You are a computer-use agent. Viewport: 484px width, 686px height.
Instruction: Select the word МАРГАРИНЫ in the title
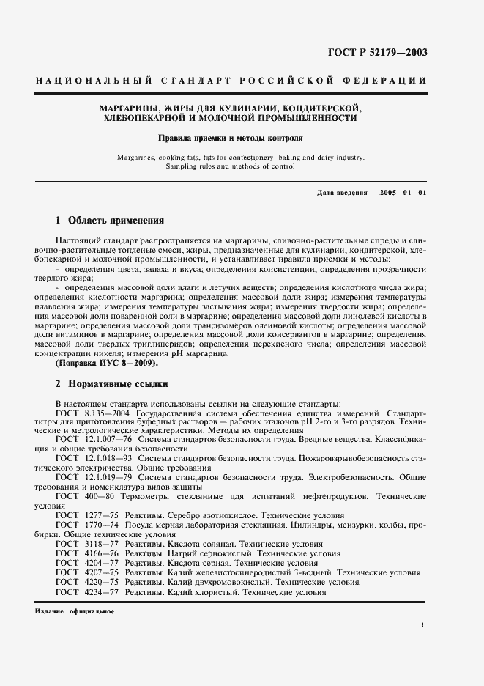coord(129,108)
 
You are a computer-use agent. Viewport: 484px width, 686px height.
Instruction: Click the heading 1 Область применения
coord(110,220)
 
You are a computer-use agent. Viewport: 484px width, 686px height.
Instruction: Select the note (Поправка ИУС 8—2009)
coord(106,363)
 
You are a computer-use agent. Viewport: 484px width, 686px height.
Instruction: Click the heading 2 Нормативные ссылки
coord(112,384)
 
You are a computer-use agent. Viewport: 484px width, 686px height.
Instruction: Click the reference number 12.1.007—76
coord(101,438)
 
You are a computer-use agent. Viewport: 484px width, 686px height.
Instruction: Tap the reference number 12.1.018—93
coord(101,457)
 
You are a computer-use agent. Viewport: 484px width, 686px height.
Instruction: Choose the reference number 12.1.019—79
coord(101,476)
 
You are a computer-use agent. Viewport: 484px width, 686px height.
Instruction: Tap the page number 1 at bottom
coord(423,624)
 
